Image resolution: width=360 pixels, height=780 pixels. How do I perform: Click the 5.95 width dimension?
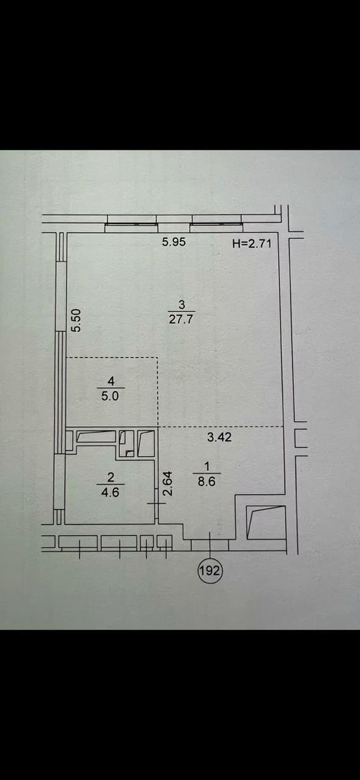tap(174, 242)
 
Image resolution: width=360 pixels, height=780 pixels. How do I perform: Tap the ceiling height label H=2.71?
tap(251, 243)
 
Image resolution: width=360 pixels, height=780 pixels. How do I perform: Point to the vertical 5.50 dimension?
tap(76, 320)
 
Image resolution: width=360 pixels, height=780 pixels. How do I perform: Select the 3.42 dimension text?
tap(220, 437)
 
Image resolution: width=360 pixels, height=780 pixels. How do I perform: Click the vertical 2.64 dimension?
tap(168, 484)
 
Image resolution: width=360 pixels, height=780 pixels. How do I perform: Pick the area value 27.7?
tap(181, 319)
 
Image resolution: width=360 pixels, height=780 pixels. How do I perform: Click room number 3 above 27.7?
tap(182, 305)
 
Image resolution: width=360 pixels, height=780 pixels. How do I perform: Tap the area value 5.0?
tap(110, 396)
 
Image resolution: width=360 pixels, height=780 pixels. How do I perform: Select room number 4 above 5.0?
tap(111, 382)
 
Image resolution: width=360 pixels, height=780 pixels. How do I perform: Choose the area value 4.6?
tap(110, 492)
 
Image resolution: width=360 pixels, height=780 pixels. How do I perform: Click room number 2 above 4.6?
tap(110, 477)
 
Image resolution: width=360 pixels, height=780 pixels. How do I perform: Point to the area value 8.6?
tap(207, 482)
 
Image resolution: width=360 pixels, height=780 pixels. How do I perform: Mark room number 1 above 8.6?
tap(207, 467)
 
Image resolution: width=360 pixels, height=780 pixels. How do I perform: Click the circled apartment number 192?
tap(210, 571)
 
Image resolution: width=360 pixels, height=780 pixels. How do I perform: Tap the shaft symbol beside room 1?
tap(266, 523)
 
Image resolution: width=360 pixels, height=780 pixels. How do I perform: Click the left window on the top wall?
tap(132, 224)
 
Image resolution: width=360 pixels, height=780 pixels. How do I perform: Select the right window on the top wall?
tap(216, 224)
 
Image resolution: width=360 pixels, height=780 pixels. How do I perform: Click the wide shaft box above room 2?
tap(96, 437)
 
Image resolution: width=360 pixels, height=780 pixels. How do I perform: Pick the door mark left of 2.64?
tap(156, 504)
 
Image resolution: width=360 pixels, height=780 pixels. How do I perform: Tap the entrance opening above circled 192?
tap(210, 545)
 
